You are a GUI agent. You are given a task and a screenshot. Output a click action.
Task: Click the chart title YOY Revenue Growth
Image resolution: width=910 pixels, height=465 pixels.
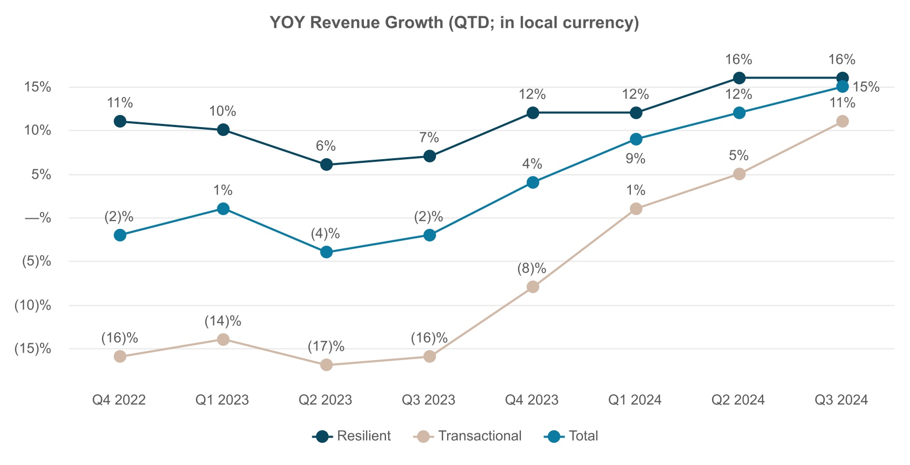(454, 23)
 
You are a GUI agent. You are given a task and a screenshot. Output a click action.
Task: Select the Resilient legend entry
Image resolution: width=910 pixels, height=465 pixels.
(352, 436)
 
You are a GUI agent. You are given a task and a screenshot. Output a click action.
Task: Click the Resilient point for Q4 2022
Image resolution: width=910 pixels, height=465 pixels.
(120, 121)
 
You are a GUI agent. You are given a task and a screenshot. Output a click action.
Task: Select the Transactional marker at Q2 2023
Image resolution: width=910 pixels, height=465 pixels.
(327, 365)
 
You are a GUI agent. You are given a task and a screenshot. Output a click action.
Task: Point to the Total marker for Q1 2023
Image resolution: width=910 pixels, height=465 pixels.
(223, 209)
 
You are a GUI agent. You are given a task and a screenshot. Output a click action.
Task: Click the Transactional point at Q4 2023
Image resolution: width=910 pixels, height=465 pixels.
(533, 287)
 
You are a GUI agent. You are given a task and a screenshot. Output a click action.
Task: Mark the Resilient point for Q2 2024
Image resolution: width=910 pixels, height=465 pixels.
(739, 78)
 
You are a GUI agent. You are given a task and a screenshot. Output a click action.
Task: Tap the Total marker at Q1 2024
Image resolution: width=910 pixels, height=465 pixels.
(636, 139)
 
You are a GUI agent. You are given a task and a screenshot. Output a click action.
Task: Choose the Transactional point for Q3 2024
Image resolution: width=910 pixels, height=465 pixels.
(843, 121)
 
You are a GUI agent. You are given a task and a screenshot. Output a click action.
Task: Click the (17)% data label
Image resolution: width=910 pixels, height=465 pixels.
(326, 346)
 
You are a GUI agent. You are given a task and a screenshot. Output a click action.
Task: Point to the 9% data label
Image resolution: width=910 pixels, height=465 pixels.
(635, 159)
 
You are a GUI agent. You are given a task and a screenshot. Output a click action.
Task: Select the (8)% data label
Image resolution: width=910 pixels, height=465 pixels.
(532, 268)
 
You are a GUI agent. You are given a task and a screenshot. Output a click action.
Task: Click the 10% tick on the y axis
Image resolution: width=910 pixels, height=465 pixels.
(38, 131)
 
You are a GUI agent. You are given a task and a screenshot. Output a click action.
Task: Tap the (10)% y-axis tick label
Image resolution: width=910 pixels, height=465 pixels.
(33, 305)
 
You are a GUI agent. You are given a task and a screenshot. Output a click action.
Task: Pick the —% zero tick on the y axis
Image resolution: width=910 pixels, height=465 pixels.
(38, 218)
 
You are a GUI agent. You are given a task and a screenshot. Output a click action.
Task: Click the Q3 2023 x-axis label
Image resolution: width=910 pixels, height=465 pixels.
(429, 400)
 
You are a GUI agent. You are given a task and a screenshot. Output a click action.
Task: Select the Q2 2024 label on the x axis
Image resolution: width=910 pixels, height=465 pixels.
(738, 400)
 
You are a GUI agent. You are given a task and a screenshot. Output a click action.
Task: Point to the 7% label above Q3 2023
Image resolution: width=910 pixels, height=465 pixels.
(429, 138)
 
